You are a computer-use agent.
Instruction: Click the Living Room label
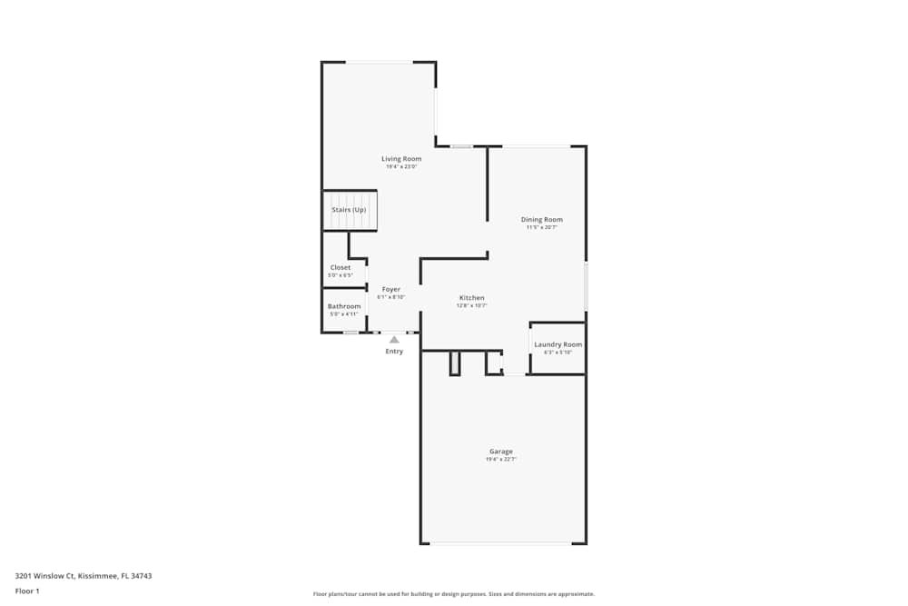click(x=400, y=159)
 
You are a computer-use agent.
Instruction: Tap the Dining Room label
click(x=541, y=219)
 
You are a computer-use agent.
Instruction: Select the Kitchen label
click(x=471, y=298)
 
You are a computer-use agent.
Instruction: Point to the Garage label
click(x=501, y=452)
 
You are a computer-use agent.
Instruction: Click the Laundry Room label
click(x=558, y=344)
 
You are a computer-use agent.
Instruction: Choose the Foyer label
click(x=390, y=289)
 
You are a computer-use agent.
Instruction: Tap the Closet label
click(x=340, y=267)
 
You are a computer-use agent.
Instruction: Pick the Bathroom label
click(x=344, y=306)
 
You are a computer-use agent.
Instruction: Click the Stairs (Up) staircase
click(x=350, y=211)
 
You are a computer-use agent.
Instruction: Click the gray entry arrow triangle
click(x=394, y=340)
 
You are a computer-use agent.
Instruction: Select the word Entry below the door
click(x=394, y=352)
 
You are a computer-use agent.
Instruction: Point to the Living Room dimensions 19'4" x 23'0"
click(x=400, y=167)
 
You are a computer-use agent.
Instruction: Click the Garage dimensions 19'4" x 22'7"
click(x=501, y=460)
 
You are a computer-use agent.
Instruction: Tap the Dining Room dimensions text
click(x=541, y=227)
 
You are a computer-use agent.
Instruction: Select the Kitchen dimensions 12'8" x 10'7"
click(x=471, y=306)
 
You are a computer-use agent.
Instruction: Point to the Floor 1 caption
click(x=27, y=591)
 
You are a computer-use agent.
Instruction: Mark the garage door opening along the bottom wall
click(x=500, y=543)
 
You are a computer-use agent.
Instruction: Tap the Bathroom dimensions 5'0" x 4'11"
click(x=343, y=314)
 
